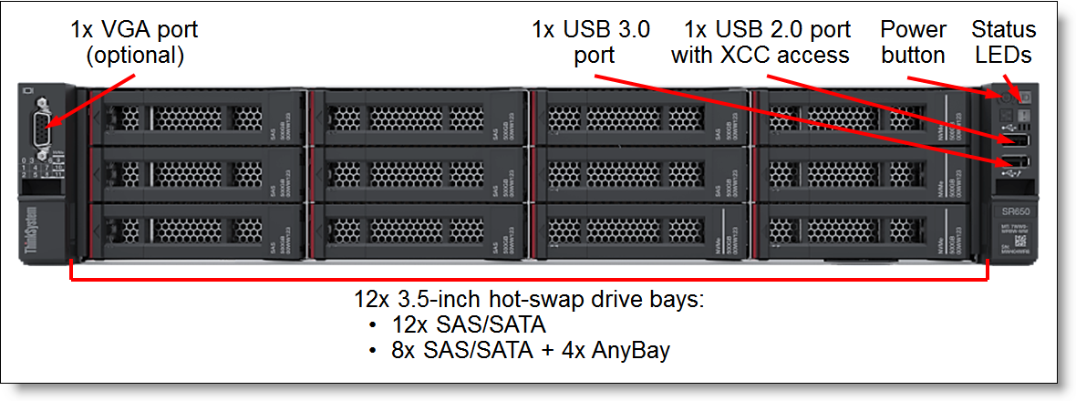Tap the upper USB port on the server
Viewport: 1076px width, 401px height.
[x=1015, y=140]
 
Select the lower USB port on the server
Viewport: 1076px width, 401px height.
[x=1015, y=164]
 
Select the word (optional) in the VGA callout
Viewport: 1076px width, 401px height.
[x=135, y=56]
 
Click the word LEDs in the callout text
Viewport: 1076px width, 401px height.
[x=1003, y=56]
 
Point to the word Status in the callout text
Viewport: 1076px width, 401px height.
[x=1003, y=30]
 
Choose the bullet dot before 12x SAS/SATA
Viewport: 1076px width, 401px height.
[x=372, y=325]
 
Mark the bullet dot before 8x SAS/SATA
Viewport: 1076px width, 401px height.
[x=372, y=350]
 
